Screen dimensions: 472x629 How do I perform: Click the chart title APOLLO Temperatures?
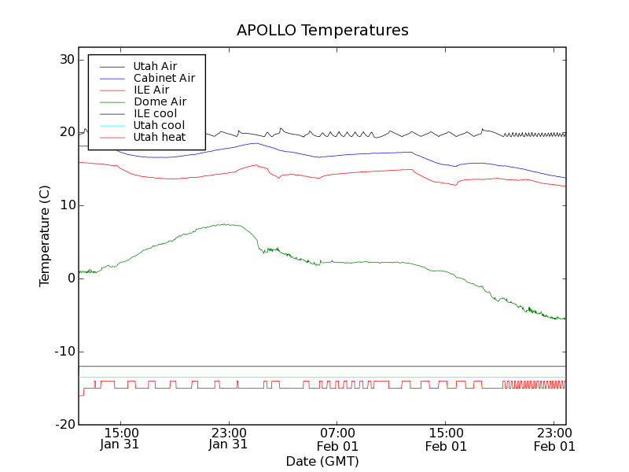pyautogui.click(x=322, y=31)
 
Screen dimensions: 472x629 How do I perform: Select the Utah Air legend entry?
pyautogui.click(x=155, y=66)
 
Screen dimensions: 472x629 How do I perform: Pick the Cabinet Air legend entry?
pyautogui.click(x=164, y=78)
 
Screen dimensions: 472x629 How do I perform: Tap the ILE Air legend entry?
pyautogui.click(x=151, y=90)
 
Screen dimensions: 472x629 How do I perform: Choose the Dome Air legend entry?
pyautogui.click(x=160, y=101)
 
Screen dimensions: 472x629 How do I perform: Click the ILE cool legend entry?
pyautogui.click(x=155, y=113)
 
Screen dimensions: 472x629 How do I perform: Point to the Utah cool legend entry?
pyautogui.click(x=159, y=125)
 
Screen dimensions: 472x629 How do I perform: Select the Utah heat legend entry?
pyautogui.click(x=159, y=137)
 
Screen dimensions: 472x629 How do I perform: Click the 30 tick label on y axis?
pyautogui.click(x=66, y=60)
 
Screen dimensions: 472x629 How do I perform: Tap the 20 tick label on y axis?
pyautogui.click(x=66, y=133)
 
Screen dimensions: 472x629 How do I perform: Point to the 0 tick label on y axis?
pyautogui.click(x=70, y=278)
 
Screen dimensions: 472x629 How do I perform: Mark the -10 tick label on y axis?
pyautogui.click(x=64, y=352)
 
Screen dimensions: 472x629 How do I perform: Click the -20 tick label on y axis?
pyautogui.click(x=64, y=425)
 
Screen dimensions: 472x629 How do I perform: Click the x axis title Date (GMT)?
pyautogui.click(x=322, y=461)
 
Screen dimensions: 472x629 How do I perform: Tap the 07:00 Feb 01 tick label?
pyautogui.click(x=337, y=439)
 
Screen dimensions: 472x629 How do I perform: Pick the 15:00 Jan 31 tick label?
pyautogui.click(x=120, y=439)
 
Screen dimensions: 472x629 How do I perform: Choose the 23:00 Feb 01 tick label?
pyautogui.click(x=555, y=439)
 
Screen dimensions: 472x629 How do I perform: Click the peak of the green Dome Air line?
pyautogui.click(x=225, y=224)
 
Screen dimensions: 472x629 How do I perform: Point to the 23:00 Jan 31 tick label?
pyautogui.click(x=229, y=439)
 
